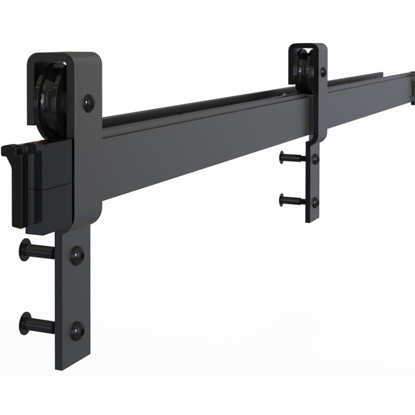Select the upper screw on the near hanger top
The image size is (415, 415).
pyautogui.click(x=89, y=103)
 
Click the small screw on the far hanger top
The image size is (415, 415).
pyautogui.click(x=323, y=72)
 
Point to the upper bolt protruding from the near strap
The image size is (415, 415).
pyautogui.click(x=35, y=250)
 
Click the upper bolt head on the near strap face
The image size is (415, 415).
pyautogui.click(x=77, y=255)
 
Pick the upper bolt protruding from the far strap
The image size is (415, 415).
pyautogui.click(x=290, y=158)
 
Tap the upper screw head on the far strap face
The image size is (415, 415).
pyautogui.click(x=315, y=160)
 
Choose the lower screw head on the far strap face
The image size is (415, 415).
pyautogui.click(x=315, y=202)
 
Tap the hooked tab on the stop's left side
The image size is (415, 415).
pyautogui.click(x=10, y=152)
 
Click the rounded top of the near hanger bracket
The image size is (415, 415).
pyautogui.click(x=65, y=57)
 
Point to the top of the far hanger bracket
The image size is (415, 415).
pyautogui.click(x=308, y=46)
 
